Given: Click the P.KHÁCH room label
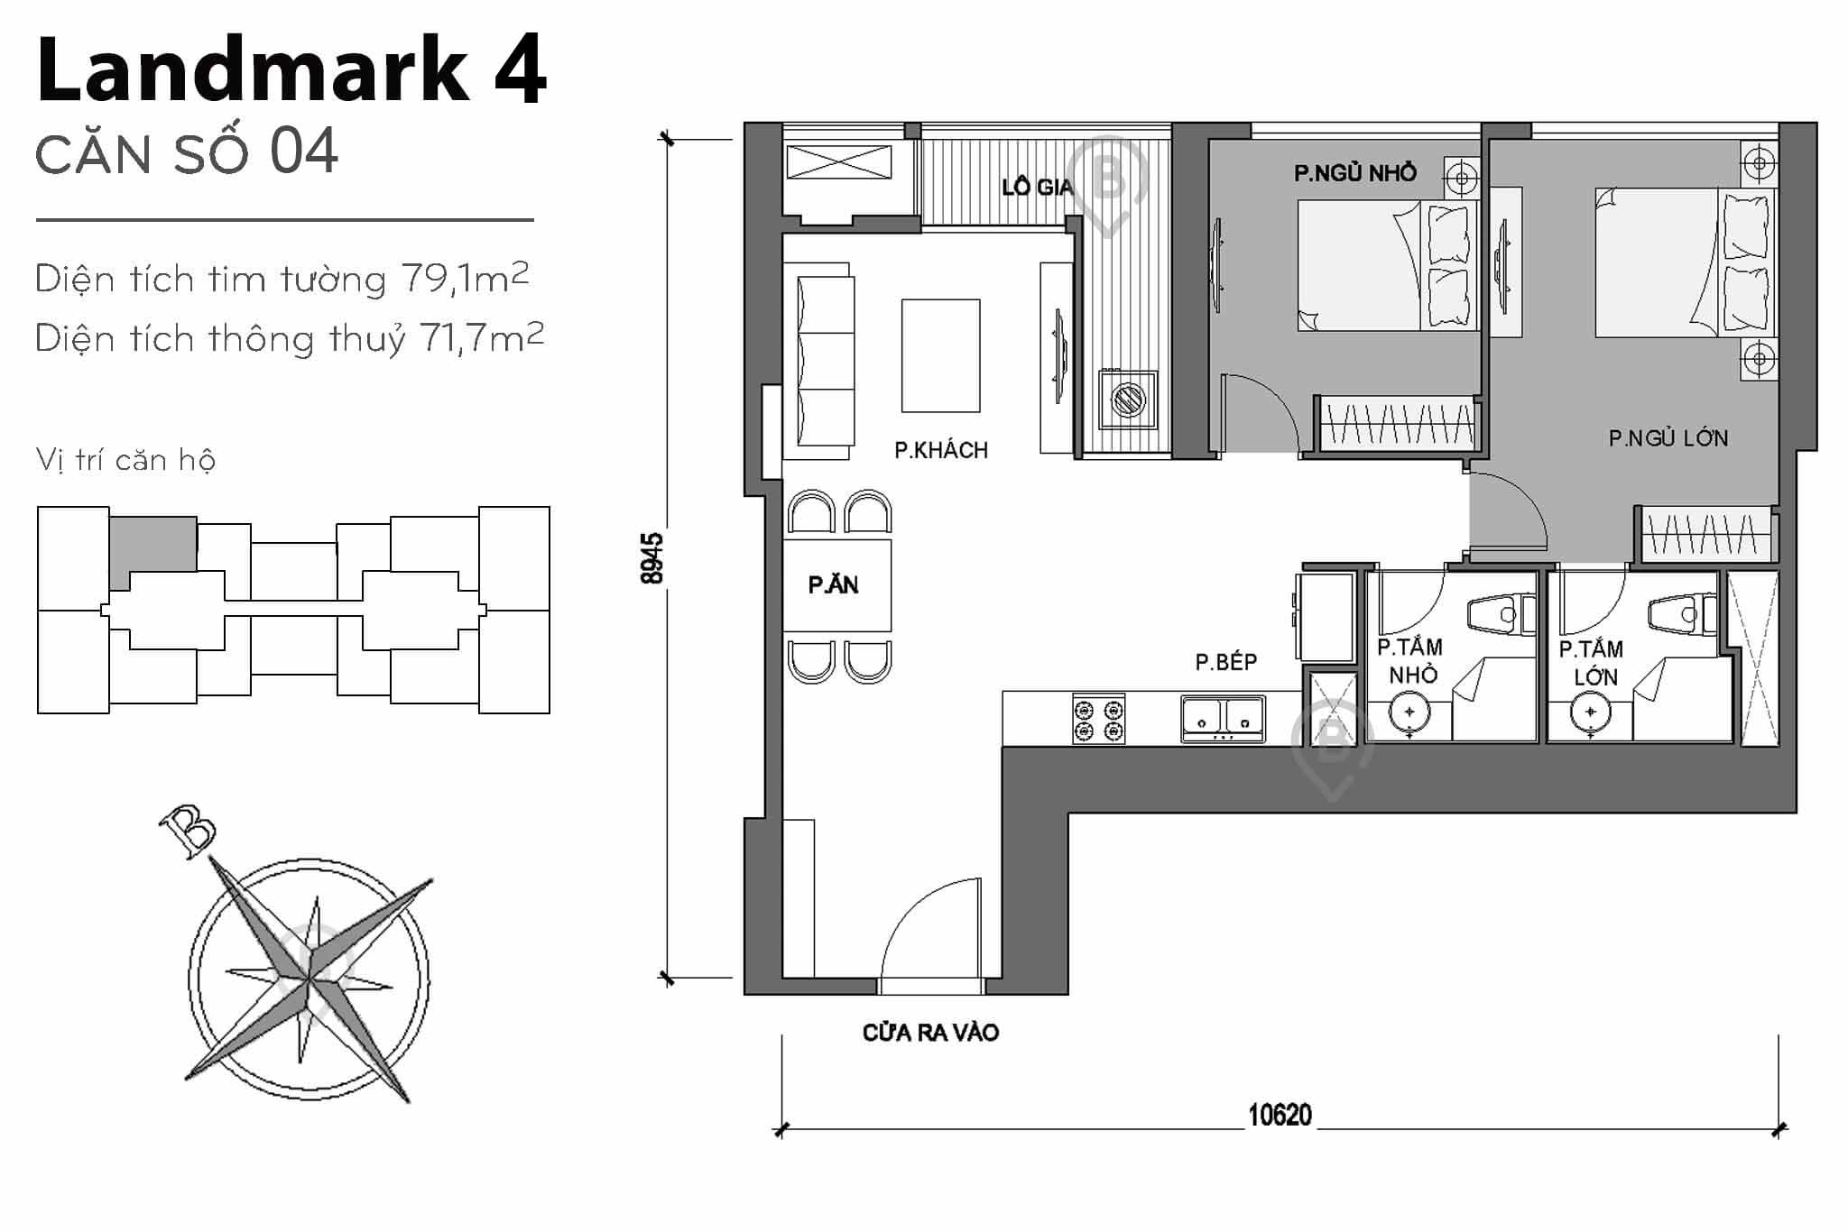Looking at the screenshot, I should (x=940, y=450).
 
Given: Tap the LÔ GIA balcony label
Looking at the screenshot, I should (x=1037, y=187).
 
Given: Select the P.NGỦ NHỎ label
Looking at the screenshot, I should (x=1354, y=173).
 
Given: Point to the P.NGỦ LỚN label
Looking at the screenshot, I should (x=1668, y=438).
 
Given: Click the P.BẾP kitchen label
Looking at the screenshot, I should (x=1225, y=662).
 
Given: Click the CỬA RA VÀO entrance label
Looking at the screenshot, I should (x=930, y=1033).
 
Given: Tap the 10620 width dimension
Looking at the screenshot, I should (x=1279, y=1116).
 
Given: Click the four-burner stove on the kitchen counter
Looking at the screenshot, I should (x=1098, y=719).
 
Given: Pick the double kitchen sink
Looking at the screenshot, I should (x=1223, y=719).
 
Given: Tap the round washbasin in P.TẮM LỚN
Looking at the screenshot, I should (x=1590, y=713).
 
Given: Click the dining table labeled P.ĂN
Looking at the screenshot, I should (x=836, y=585).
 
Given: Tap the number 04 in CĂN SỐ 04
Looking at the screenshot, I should (x=304, y=152).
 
